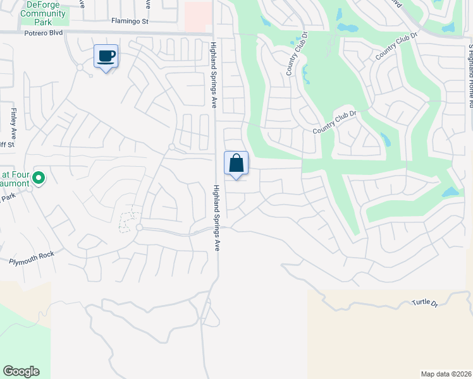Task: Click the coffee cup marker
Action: point(106,57)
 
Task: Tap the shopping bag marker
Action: point(236,164)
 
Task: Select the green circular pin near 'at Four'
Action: point(39,179)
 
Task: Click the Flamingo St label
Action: point(130,21)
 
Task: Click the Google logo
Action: point(21,371)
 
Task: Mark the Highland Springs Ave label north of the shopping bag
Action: point(213,74)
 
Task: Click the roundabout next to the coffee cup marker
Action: point(80,67)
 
